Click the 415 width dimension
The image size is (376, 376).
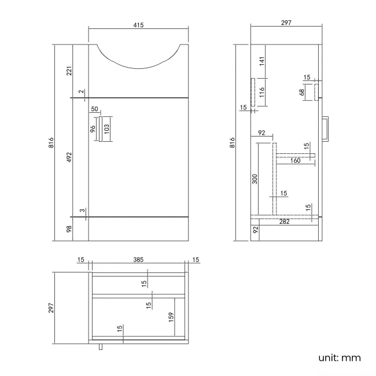tap(138, 25)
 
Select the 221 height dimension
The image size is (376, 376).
tap(69, 71)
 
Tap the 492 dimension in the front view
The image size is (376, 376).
tap(69, 157)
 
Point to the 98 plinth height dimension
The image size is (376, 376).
tap(69, 230)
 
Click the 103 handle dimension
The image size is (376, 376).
tap(106, 128)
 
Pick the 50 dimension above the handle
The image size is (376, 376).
tap(94, 109)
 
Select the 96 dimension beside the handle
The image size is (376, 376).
tap(93, 128)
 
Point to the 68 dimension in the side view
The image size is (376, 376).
tap(303, 93)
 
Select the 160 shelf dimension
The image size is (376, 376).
tap(295, 161)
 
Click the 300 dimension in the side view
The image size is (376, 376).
tap(255, 179)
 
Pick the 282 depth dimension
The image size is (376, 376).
tap(284, 221)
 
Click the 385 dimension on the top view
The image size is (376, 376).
tap(138, 260)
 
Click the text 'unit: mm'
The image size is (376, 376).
tap(340, 357)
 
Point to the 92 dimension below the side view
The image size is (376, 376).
tap(255, 230)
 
